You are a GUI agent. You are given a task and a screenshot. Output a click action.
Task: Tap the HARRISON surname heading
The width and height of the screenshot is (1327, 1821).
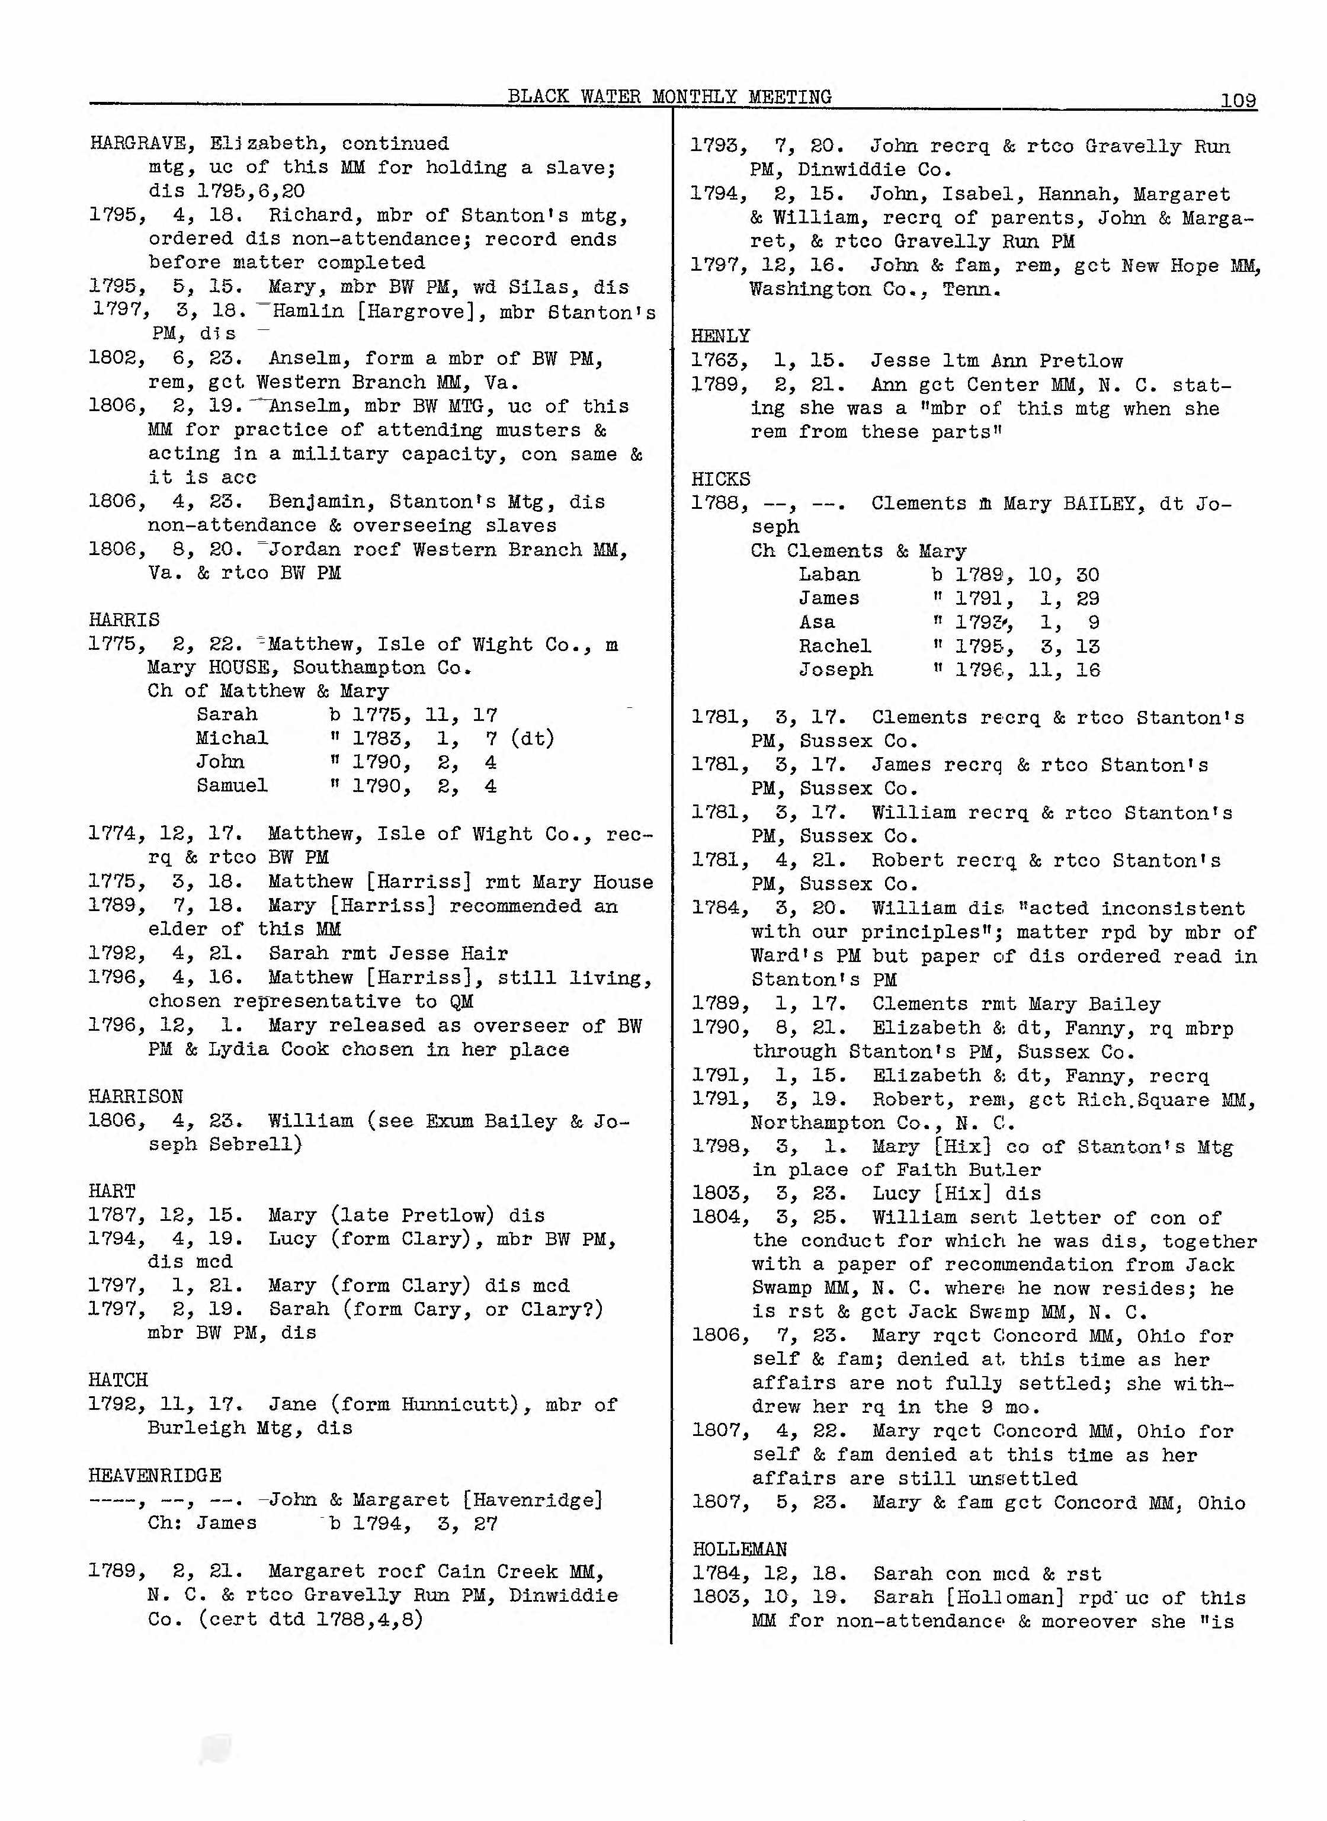[x=135, y=1097]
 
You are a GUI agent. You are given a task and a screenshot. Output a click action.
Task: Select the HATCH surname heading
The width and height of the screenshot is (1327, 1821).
[x=118, y=1380]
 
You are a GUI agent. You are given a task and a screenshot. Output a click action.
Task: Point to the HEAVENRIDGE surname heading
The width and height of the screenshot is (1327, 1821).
[x=155, y=1476]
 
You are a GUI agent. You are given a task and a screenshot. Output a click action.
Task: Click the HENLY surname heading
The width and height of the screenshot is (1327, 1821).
[x=720, y=336]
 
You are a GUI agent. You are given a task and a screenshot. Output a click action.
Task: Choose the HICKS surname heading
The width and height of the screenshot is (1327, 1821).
[x=720, y=480]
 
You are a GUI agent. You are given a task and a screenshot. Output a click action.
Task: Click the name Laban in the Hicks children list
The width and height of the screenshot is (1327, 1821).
[x=829, y=575]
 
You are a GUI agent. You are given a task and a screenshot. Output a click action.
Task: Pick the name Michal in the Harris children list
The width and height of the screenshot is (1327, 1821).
[x=232, y=738]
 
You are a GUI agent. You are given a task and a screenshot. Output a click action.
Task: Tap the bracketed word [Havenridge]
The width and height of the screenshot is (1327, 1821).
[x=533, y=1500]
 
